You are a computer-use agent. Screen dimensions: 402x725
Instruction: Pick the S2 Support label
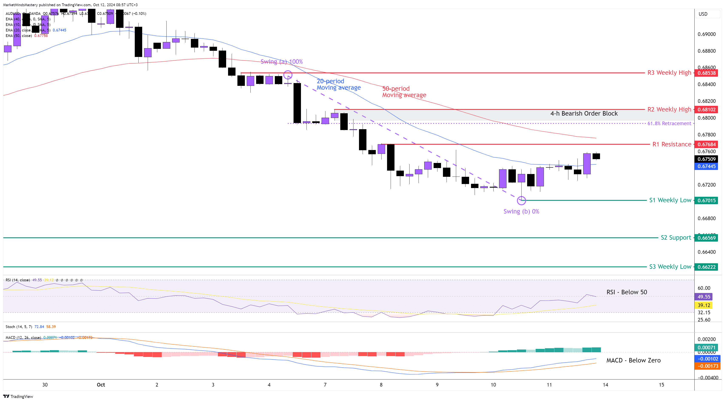click(x=675, y=238)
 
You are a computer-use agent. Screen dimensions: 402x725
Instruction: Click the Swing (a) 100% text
click(x=281, y=62)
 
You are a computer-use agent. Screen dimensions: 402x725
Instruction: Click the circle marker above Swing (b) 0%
click(x=521, y=201)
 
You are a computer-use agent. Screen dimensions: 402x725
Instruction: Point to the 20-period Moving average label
click(x=338, y=84)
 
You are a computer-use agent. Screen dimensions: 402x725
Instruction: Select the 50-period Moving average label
click(x=404, y=92)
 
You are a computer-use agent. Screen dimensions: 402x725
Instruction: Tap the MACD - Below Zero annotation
click(x=633, y=360)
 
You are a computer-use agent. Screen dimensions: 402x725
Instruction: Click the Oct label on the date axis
click(x=101, y=385)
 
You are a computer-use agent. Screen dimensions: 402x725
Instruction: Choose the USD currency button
click(x=703, y=14)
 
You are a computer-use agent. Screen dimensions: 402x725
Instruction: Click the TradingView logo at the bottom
click(x=18, y=396)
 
